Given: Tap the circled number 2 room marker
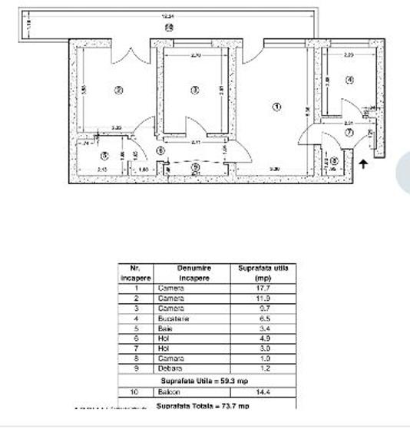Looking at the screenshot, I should [118, 90].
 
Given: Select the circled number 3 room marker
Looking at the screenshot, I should [195, 90].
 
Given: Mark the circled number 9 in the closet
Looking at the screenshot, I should [195, 167].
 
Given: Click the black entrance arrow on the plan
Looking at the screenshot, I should [363, 163].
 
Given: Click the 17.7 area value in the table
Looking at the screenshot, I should [263, 288].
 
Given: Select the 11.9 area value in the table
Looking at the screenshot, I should [263, 298].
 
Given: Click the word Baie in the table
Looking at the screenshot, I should [166, 328].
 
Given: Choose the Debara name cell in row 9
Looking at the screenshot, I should [170, 368].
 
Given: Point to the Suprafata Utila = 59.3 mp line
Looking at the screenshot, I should [207, 381].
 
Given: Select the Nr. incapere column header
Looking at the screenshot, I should [135, 273].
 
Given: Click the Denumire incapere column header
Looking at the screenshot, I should [193, 273].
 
